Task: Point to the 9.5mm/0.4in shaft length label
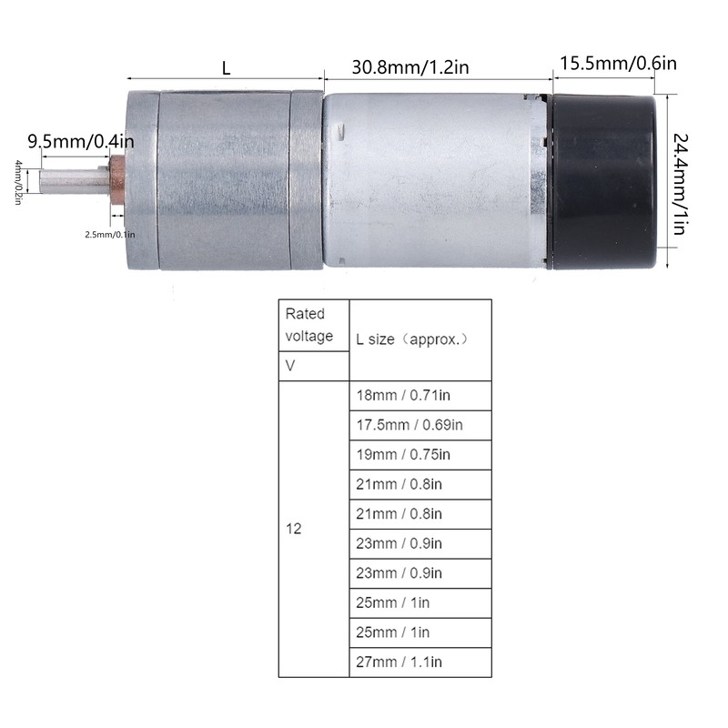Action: coord(80,141)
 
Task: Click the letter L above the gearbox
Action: coord(226,67)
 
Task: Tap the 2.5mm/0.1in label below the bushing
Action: coord(109,234)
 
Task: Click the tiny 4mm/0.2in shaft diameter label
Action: coord(17,182)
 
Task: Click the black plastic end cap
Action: coord(602,179)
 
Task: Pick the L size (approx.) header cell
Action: coord(420,339)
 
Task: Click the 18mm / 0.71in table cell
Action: coord(420,396)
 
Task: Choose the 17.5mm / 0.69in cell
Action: coord(420,425)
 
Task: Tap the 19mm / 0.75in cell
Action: coord(420,454)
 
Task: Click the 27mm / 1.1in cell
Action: coord(420,662)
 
